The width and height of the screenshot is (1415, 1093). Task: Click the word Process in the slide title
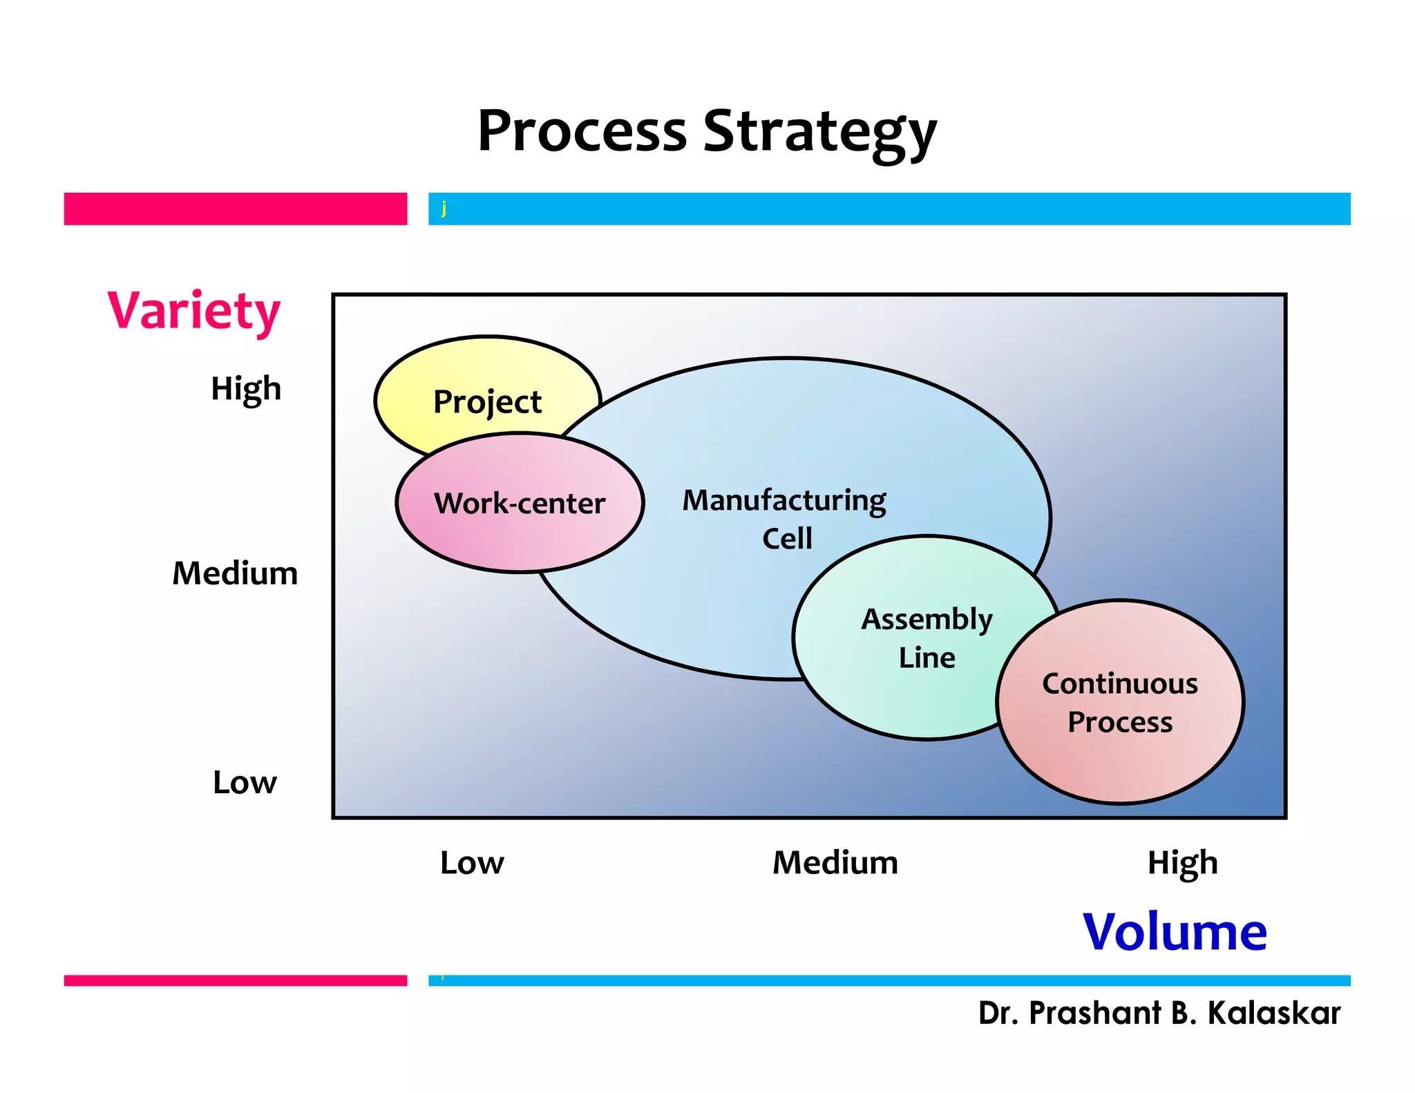582,131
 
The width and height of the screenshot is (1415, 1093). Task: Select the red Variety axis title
194,311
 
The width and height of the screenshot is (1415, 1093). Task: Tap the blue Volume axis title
1175,932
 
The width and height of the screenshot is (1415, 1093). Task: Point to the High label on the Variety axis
246,389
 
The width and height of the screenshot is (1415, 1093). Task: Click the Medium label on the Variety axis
235,573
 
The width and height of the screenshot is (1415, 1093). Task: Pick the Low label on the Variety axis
245,783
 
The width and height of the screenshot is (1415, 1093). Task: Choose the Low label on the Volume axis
472,863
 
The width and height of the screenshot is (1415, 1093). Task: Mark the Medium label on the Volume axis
835,863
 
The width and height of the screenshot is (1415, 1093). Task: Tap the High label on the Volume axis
1182,863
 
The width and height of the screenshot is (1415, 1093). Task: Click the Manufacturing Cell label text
785,518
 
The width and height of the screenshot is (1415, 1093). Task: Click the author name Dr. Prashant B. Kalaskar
1159,1014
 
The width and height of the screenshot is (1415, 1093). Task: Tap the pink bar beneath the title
235,209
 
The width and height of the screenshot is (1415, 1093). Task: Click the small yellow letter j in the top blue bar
444,207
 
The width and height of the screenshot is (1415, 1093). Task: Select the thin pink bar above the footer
235,980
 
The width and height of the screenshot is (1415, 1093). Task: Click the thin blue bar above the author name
889,980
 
